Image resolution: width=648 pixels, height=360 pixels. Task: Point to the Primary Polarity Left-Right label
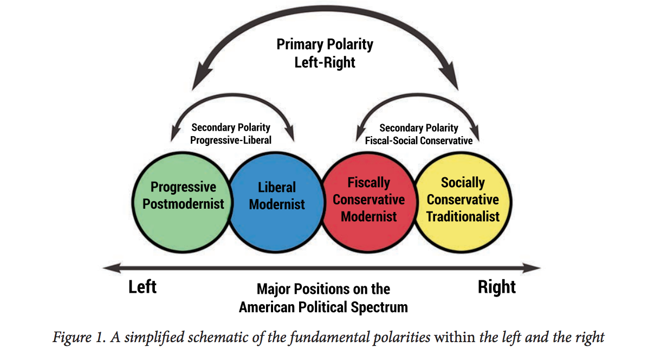[x=325, y=53]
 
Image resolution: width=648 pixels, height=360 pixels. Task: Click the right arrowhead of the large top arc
[x=452, y=81]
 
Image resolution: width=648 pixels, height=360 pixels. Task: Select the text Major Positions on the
[x=323, y=289]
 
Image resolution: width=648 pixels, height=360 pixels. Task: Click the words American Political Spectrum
[x=323, y=307]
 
